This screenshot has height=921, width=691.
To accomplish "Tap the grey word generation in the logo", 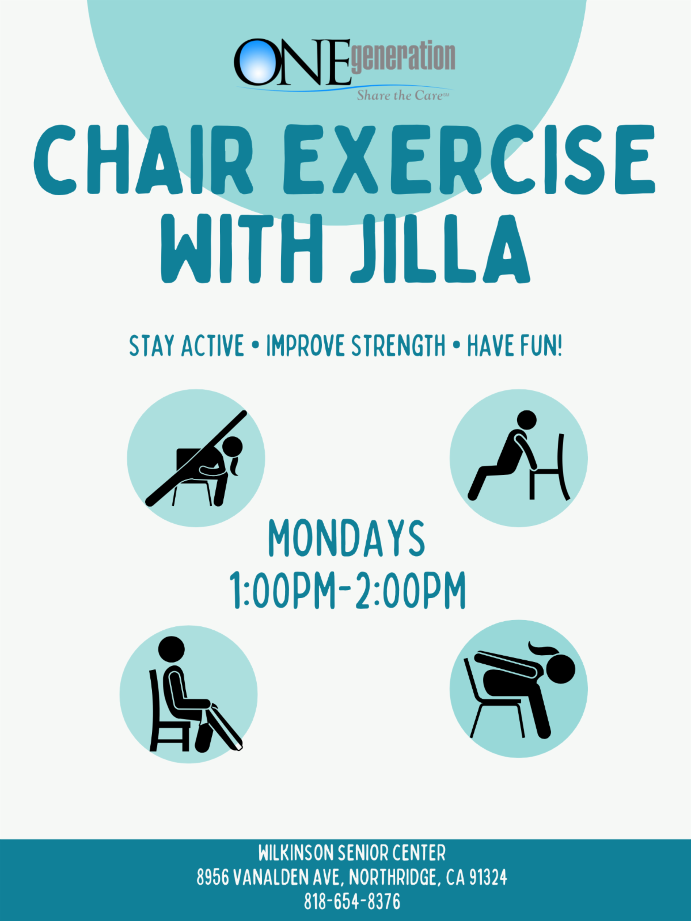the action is pos(403,57).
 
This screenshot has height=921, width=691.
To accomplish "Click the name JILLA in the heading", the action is pos(441,249).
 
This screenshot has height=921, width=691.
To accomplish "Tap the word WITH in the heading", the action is pos(242,249).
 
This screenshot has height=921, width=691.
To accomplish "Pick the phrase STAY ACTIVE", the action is pos(186,346).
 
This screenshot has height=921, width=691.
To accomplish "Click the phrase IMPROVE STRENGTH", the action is pos(356,346).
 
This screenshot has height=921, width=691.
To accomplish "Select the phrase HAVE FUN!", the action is pos(514,346).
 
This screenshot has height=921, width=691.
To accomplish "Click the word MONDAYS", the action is pos(347,539).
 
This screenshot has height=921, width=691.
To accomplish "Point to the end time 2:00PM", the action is pos(411,590).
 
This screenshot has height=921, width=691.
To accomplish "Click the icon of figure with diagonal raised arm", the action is pos(196,458).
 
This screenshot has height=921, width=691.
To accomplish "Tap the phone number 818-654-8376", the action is pos(352,901).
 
